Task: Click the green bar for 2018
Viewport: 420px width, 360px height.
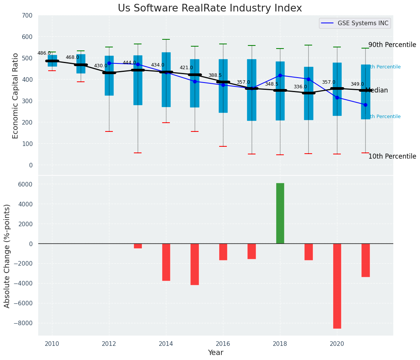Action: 280,213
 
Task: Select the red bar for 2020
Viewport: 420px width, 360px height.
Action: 337,286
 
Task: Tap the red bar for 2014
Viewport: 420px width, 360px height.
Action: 166,262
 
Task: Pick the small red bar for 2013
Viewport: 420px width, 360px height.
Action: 138,246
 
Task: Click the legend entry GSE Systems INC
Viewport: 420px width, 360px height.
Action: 363,23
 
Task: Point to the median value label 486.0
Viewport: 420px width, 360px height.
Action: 44,53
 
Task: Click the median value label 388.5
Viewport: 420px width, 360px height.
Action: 215,76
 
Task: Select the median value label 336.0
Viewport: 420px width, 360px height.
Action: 300,87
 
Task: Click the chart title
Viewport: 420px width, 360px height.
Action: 210,8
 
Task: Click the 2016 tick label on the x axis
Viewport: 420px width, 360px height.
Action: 223,344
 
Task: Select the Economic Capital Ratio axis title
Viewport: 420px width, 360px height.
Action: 15,96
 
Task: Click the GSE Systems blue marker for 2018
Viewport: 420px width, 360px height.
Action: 280,76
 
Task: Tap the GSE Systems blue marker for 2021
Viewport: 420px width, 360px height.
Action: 365,105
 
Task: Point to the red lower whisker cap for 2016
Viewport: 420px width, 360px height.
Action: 223,146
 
